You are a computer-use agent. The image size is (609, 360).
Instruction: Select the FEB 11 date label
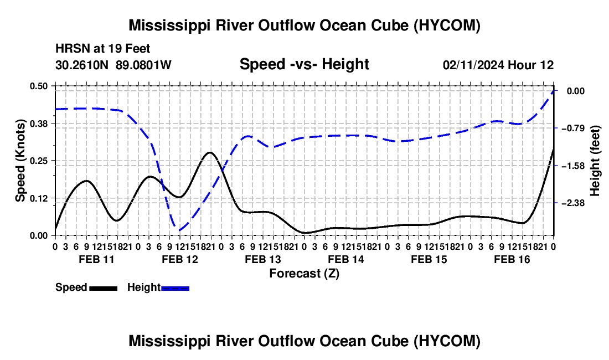click(97, 259)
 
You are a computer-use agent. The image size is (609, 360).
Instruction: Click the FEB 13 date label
click(262, 259)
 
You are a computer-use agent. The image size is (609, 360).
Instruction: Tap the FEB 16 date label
click(512, 259)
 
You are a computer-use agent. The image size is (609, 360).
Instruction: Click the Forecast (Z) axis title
click(304, 274)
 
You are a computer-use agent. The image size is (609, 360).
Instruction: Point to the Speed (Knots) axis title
click(20, 161)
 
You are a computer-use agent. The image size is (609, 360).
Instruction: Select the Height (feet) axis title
click(595, 161)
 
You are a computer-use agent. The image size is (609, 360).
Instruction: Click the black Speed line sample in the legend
click(104, 288)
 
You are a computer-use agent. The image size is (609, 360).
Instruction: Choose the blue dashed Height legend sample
click(175, 288)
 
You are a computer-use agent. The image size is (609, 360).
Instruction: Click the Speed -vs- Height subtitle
click(304, 64)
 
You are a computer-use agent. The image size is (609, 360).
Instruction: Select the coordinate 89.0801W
click(143, 65)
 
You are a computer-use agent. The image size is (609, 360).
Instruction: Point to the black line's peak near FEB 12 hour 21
click(210, 152)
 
